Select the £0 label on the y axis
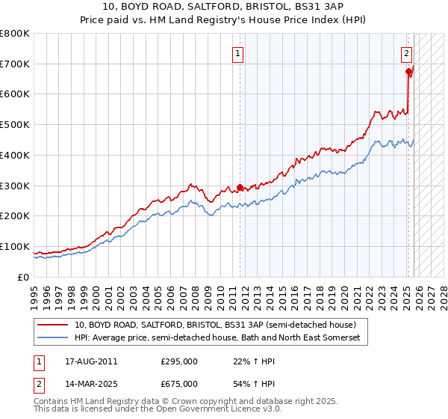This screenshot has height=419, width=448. tap(24, 277)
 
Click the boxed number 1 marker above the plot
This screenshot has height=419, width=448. tap(238, 53)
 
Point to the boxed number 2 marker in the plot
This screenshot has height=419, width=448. tap(406, 53)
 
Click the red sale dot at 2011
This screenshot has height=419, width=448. tap(240, 187)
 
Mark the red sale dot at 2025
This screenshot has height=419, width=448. tap(409, 72)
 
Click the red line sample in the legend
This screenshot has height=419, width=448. tap(52, 325)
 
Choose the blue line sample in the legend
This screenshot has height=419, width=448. tap(52, 338)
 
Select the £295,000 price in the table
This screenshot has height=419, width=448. tap(179, 361)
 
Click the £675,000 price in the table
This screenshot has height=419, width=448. tap(179, 383)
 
